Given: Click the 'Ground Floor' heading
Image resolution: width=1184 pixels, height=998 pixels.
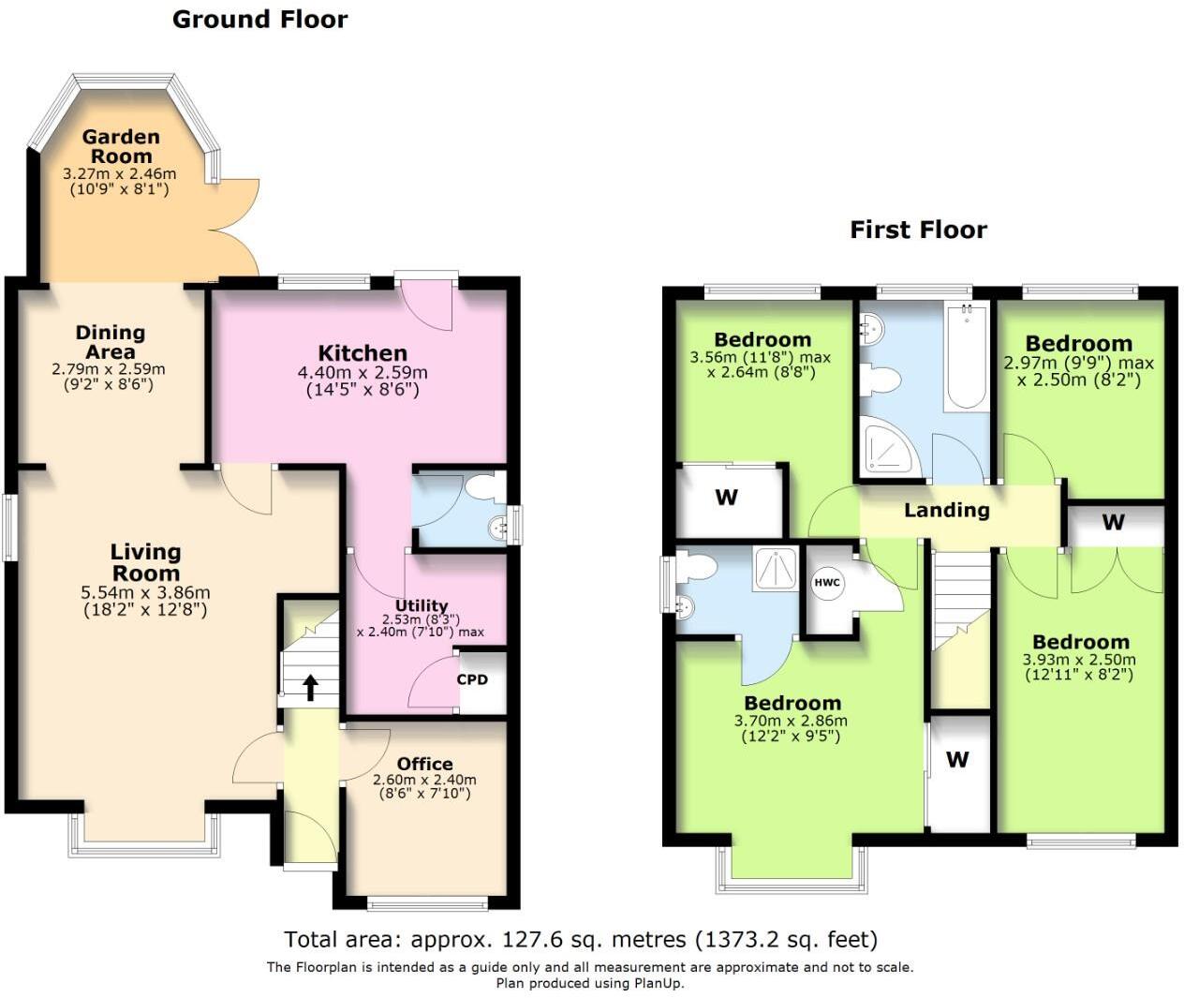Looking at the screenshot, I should point(259,20).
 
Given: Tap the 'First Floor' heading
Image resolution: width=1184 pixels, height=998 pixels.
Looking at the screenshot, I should point(918,230).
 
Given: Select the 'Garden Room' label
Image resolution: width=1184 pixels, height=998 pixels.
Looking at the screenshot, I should point(121,146).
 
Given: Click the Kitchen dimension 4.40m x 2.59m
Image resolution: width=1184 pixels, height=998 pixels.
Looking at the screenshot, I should point(363,372).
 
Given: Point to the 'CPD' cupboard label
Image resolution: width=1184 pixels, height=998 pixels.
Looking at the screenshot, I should point(472,679).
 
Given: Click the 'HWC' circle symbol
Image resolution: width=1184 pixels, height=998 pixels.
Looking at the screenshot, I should point(827,583).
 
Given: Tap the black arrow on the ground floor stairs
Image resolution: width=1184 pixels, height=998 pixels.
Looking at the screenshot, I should point(310,688).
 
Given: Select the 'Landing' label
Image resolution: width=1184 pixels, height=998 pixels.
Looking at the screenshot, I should point(946,511).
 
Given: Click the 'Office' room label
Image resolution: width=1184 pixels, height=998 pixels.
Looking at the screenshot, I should point(424,764).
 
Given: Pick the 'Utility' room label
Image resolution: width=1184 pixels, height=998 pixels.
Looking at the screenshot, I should point(422,605).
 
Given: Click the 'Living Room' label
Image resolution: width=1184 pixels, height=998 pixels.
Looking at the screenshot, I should point(145,562).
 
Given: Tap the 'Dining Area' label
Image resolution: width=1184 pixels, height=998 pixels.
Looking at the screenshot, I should point(111,342).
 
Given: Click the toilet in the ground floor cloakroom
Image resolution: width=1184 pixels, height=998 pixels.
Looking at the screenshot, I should point(485,488).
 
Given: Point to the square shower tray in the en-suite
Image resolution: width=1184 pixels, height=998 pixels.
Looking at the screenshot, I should point(775,569).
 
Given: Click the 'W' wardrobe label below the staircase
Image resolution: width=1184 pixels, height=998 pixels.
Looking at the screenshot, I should point(956,759).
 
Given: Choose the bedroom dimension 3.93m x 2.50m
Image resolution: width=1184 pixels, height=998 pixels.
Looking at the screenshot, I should point(1079,659).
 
